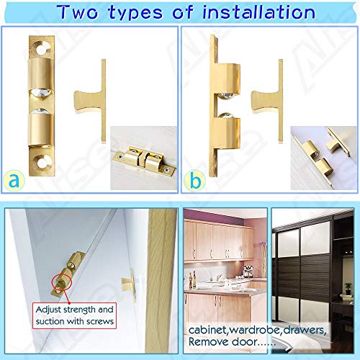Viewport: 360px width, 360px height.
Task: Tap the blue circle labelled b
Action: pos(195,179)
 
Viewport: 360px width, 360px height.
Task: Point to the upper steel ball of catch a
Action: pos(40,94)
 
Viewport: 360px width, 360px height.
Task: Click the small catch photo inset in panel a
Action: pos(145,161)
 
